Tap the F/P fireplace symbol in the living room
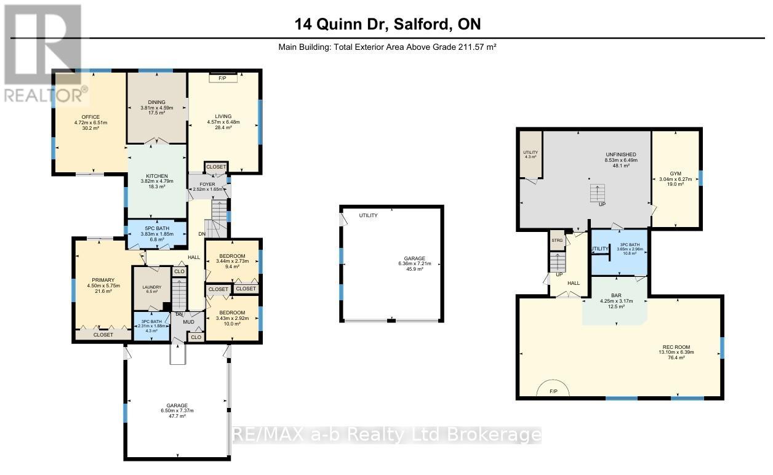[223, 78]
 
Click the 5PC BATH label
[157, 228]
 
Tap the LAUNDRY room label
[151, 287]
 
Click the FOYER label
[207, 183]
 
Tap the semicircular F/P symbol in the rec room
[553, 390]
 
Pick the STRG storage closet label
[557, 240]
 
